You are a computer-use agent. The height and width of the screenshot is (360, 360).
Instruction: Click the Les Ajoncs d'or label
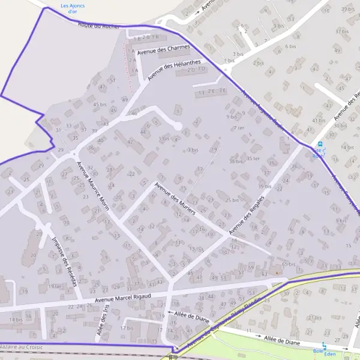(x=73, y=8)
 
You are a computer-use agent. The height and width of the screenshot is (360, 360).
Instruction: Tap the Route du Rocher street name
(x=98, y=25)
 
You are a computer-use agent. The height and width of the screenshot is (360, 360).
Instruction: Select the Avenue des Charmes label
(x=163, y=50)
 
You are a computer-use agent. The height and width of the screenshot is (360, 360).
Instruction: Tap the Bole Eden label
(x=318, y=351)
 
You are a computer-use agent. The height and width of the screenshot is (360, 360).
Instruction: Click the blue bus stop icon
(x=320, y=144)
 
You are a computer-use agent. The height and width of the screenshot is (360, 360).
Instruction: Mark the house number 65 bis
(x=288, y=264)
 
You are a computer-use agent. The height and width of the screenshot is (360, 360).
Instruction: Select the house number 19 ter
(x=55, y=286)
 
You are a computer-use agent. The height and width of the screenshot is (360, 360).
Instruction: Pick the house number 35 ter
(x=253, y=158)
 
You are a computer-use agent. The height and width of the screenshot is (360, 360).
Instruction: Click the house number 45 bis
(x=100, y=104)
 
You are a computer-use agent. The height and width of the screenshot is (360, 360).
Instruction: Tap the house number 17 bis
(x=126, y=328)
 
